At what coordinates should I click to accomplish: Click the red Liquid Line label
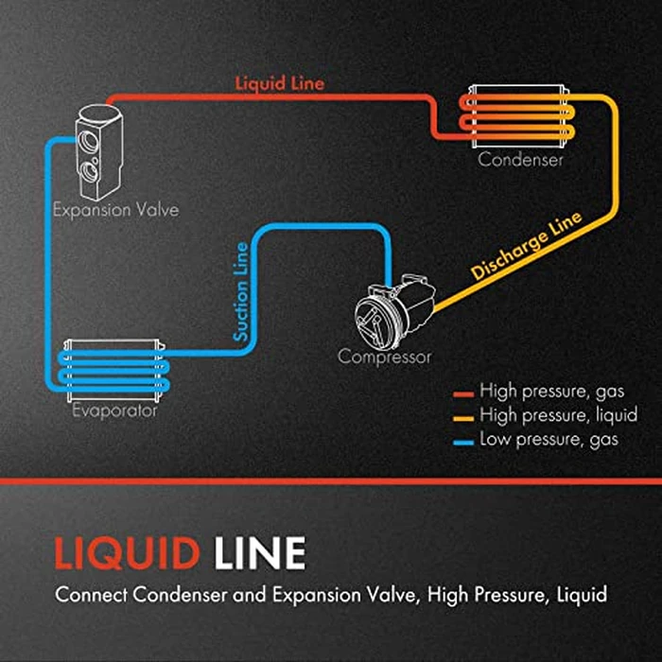tap(279, 83)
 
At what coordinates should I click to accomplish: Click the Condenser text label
tap(520, 160)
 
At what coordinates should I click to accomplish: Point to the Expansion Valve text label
tap(115, 209)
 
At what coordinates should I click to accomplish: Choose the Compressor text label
tap(385, 357)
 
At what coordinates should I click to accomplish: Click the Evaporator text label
tap(114, 411)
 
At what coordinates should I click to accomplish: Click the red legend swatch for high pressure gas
tap(462, 391)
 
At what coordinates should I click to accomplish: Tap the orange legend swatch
tap(462, 415)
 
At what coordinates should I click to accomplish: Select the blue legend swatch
tap(462, 440)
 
